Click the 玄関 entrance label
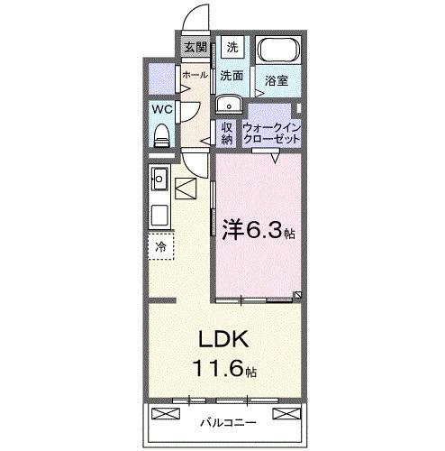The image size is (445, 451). click(x=195, y=47)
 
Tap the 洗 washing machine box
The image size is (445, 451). click(x=232, y=47)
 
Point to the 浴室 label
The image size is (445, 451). click(x=277, y=81)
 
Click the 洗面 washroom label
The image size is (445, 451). click(x=232, y=76)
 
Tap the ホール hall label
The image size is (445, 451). click(x=194, y=75)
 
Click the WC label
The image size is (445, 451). click(x=162, y=108)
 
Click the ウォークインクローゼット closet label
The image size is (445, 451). click(x=271, y=133)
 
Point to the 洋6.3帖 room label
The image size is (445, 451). click(x=258, y=231)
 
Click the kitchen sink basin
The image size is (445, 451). click(x=160, y=176)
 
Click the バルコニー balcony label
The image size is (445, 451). click(x=227, y=422)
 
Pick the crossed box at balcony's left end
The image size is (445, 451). click(x=168, y=414)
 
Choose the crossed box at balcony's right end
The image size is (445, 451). click(x=286, y=414)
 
